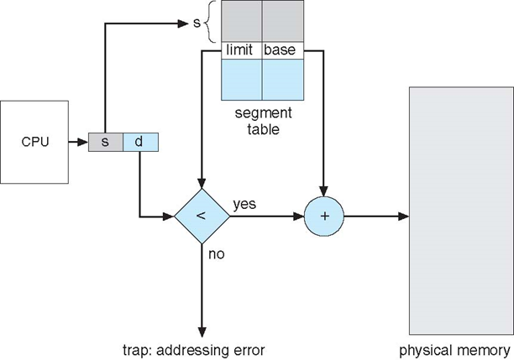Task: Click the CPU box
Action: [34, 142]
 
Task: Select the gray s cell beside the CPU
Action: [105, 142]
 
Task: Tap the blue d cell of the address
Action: [139, 142]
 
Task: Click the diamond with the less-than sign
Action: [202, 217]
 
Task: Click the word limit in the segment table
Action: [241, 51]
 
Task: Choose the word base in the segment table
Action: [280, 51]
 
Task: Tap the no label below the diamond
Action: [216, 254]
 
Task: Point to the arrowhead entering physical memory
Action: [404, 217]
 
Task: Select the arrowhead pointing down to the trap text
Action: [202, 330]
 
